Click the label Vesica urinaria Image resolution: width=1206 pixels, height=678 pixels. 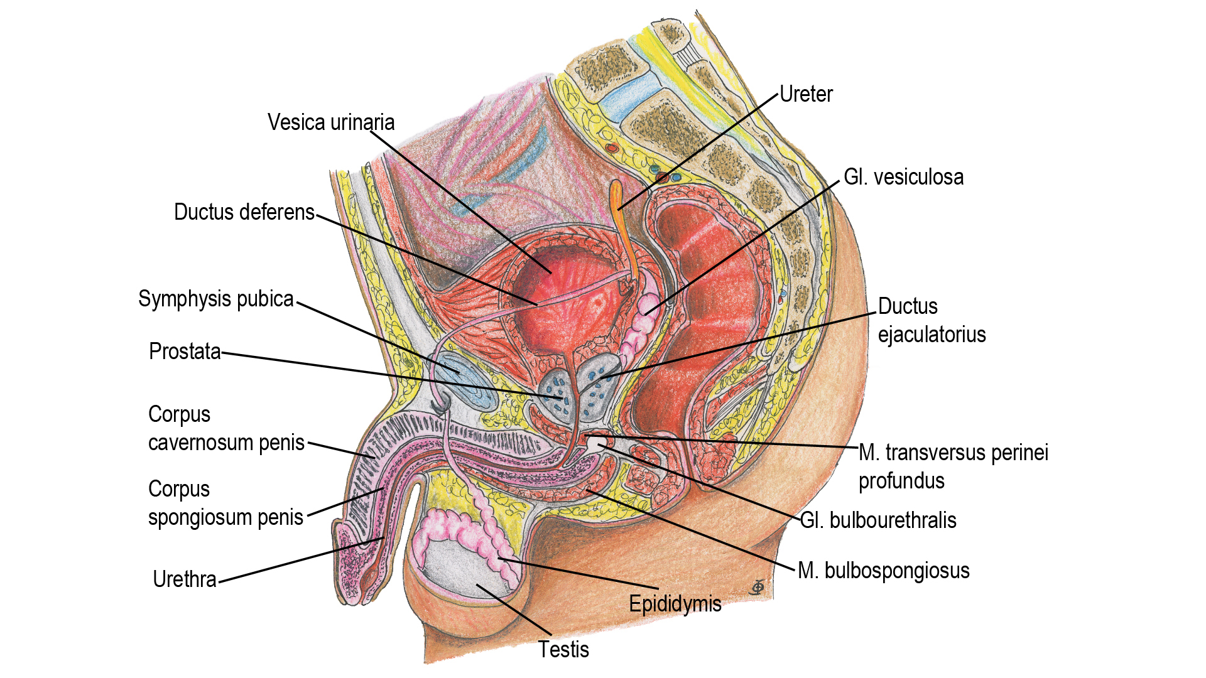pos(331,122)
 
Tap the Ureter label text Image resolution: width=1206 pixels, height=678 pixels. pos(806,95)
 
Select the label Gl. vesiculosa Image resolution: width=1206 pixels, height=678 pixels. pos(903,178)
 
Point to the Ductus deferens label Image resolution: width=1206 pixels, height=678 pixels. pos(244,212)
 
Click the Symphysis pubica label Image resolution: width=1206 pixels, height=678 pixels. pos(215,299)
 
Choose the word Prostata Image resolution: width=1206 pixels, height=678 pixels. pos(185,352)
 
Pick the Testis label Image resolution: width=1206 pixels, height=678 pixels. pos(563,650)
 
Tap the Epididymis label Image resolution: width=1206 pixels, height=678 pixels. pos(675,604)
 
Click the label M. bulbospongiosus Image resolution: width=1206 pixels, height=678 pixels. pos(883,571)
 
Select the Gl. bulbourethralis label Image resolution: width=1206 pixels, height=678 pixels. pos(877,520)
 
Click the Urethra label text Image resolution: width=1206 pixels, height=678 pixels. pos(184,579)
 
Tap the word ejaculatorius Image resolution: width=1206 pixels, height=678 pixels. pos(932,335)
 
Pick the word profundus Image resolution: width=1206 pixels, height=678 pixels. pos(901,481)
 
